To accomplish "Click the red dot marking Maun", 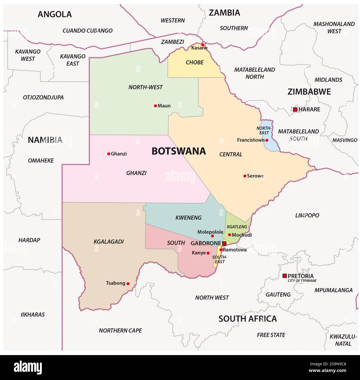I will [155, 106].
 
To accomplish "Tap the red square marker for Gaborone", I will [224, 243].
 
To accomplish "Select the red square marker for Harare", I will [295, 109].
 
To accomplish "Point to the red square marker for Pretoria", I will [284, 276].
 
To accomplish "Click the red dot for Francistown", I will [267, 140].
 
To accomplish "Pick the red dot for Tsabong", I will [128, 283].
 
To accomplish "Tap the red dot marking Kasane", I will [203, 45].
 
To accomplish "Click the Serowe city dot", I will [245, 176].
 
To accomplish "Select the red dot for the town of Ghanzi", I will [109, 154].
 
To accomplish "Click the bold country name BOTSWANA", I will [179, 151].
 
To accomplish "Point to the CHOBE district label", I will [194, 63].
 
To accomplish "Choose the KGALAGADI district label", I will [109, 242].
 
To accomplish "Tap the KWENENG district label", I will [188, 218].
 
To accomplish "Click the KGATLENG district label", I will [237, 227].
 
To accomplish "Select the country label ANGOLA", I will [55, 14].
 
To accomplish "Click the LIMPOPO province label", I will [307, 215].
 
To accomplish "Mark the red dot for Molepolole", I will [212, 236].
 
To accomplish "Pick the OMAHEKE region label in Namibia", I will [41, 161].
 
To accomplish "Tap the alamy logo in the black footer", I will [28, 368].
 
